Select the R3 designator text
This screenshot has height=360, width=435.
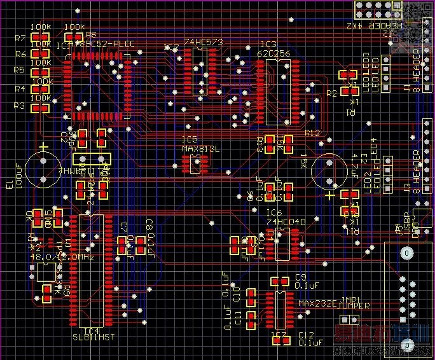coord(19,106)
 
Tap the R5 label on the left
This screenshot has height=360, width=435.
coord(19,70)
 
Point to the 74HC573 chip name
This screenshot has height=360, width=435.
coord(204,42)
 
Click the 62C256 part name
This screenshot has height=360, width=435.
coord(274,54)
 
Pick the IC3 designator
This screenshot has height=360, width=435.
coord(268,45)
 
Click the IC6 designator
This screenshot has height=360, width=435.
coord(274,212)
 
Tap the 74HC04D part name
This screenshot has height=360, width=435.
coord(287,221)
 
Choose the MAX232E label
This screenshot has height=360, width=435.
coord(317,303)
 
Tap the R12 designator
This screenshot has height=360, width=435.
coord(313,133)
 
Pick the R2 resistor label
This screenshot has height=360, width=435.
coord(331,93)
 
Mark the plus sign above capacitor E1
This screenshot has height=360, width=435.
coord(43,148)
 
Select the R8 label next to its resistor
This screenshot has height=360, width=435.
coord(91,35)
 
